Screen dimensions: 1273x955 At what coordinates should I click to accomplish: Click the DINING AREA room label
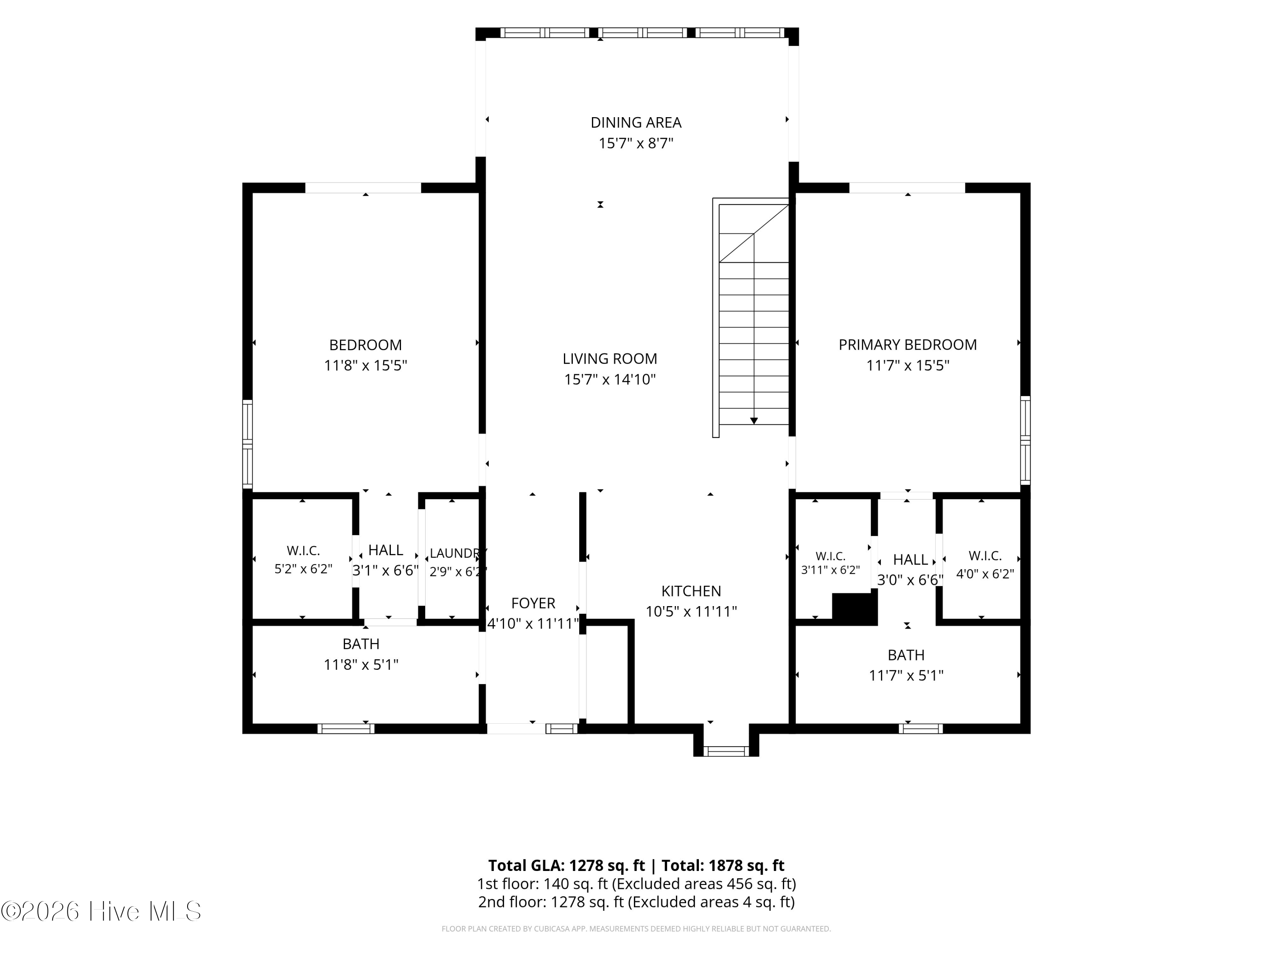click(x=636, y=123)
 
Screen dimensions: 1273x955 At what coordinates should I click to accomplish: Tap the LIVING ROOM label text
click(x=610, y=359)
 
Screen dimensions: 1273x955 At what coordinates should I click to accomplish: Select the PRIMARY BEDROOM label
click(x=908, y=345)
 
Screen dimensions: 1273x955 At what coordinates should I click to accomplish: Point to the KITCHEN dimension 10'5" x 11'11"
click(x=691, y=611)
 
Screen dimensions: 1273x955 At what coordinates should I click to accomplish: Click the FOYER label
click(x=533, y=603)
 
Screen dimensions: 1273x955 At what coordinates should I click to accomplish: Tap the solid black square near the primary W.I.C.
click(x=855, y=610)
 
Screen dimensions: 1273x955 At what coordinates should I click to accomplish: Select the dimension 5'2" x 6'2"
click(x=303, y=569)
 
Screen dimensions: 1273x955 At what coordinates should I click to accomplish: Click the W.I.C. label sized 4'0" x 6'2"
click(x=985, y=556)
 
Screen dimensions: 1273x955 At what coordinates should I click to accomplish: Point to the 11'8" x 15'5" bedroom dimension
click(x=365, y=365)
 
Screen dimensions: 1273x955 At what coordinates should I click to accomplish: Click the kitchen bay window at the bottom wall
click(x=726, y=751)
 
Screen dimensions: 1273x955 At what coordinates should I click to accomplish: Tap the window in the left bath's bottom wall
click(x=346, y=729)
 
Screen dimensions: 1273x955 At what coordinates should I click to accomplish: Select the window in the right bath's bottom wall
click(x=921, y=729)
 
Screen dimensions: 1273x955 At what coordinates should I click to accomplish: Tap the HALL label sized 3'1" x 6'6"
click(x=386, y=551)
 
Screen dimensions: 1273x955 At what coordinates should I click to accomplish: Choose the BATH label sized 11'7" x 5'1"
click(x=906, y=655)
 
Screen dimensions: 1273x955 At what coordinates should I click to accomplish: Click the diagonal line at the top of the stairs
click(x=754, y=233)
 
